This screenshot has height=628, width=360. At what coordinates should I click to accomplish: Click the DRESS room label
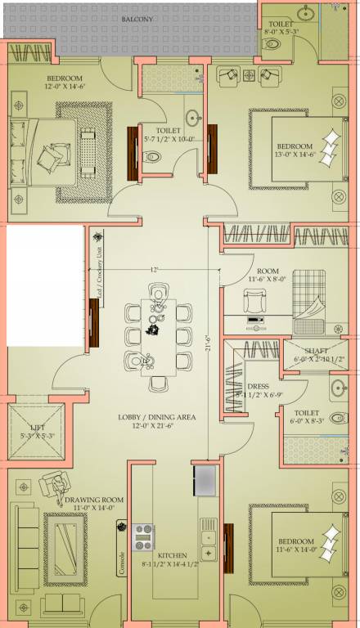(258, 386)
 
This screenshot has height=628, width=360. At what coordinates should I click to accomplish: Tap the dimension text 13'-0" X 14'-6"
(294, 154)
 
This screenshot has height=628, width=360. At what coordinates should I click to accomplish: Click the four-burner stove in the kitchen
(144, 537)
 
